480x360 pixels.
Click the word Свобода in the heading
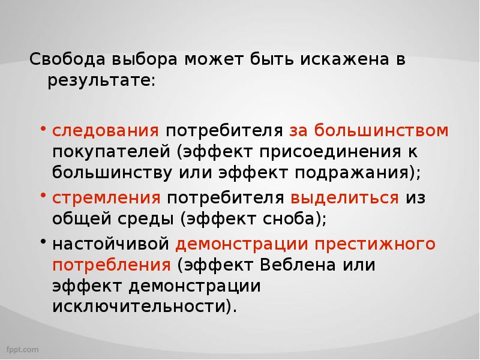(67, 60)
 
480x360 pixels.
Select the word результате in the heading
(101, 80)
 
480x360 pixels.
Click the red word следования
(106, 130)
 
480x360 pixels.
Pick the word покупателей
(110, 151)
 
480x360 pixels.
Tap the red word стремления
(106, 197)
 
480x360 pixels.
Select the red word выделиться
(345, 197)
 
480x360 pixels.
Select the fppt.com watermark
(23, 349)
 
